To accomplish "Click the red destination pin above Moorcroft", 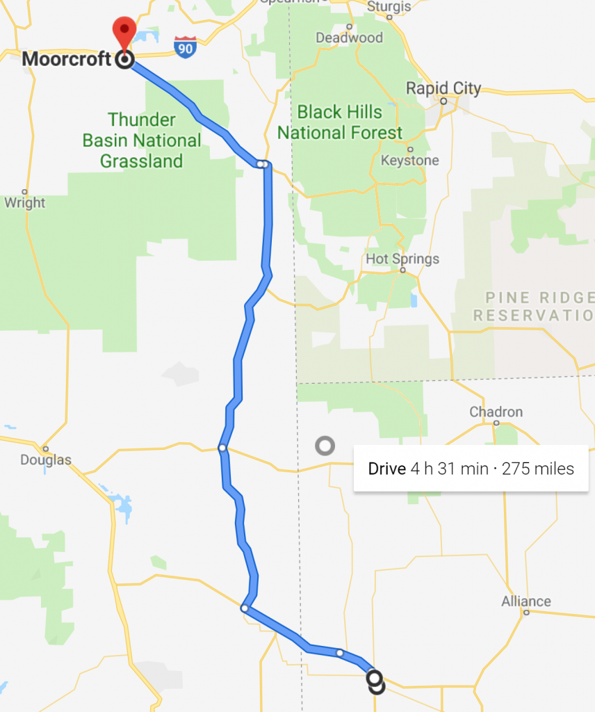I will (124, 30).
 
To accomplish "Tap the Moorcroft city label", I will (67, 59).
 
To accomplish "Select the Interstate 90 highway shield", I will (185, 46).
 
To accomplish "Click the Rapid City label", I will (443, 88).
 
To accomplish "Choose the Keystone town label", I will (410, 161).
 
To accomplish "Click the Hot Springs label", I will (402, 259).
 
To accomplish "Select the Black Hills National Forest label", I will (340, 122).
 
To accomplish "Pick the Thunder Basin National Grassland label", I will (142, 140).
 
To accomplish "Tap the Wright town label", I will (24, 203).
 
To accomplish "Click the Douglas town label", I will (46, 460).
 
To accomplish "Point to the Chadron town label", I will (496, 412).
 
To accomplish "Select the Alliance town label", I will (526, 601).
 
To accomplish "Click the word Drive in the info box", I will (386, 469).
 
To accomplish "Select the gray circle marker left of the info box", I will (325, 446).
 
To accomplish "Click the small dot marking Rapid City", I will (443, 101).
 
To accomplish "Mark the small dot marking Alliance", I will (526, 613).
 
